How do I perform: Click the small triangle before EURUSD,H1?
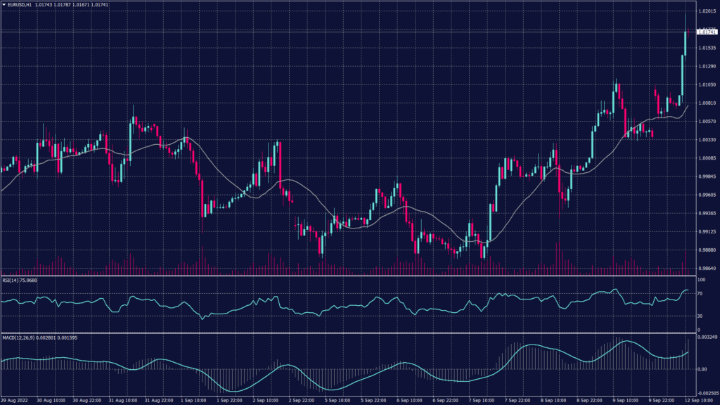[x=4, y=5]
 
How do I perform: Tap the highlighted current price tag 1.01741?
[x=706, y=32]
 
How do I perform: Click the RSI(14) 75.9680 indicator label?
[x=20, y=281]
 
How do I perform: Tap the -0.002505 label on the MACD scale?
[x=706, y=394]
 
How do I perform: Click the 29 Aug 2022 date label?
[x=15, y=401]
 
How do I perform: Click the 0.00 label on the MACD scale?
[x=702, y=368]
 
